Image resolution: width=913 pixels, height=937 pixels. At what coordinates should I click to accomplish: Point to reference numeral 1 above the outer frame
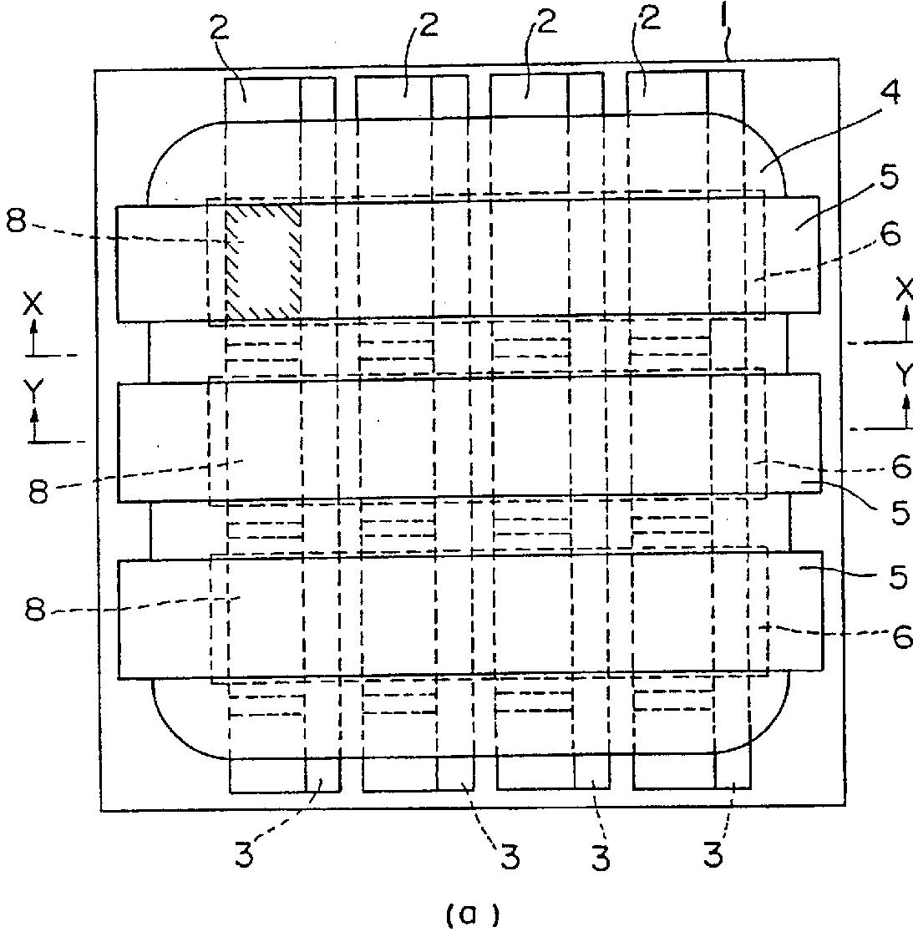tap(724, 18)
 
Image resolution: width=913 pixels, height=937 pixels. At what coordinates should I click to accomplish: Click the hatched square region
tap(262, 260)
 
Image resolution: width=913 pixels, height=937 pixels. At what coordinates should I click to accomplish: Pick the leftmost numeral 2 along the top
tap(219, 29)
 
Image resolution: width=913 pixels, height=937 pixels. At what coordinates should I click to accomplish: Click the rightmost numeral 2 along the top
tap(648, 18)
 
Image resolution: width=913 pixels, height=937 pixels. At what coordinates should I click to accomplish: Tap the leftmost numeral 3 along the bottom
tap(244, 856)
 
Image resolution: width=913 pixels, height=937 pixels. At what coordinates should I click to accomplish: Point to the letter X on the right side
tap(904, 290)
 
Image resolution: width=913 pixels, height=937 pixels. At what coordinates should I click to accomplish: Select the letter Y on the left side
tap(33, 389)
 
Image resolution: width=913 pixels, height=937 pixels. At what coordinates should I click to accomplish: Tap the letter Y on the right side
tap(904, 376)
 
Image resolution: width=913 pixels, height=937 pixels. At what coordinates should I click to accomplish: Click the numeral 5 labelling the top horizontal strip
tap(890, 180)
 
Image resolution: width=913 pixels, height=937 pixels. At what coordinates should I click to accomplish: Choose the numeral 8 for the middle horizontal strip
tap(38, 492)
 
